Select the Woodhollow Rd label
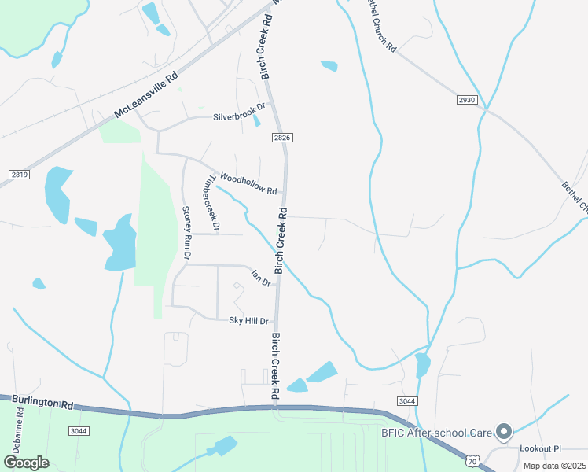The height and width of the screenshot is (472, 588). pos(248,183)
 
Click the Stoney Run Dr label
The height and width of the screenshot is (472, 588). pos(187,233)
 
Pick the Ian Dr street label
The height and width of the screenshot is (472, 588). pos(260,278)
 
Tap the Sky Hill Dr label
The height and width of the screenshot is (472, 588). pos(248,321)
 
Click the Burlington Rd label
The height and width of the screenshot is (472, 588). pos(37,402)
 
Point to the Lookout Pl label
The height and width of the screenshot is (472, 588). pos(541,448)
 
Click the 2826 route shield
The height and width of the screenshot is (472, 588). pos(283,138)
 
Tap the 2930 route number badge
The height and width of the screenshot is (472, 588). pos(466,100)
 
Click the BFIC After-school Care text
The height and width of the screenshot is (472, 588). pos(437,432)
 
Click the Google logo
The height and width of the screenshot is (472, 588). pos(27,463)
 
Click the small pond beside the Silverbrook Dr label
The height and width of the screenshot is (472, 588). pos(257,120)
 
